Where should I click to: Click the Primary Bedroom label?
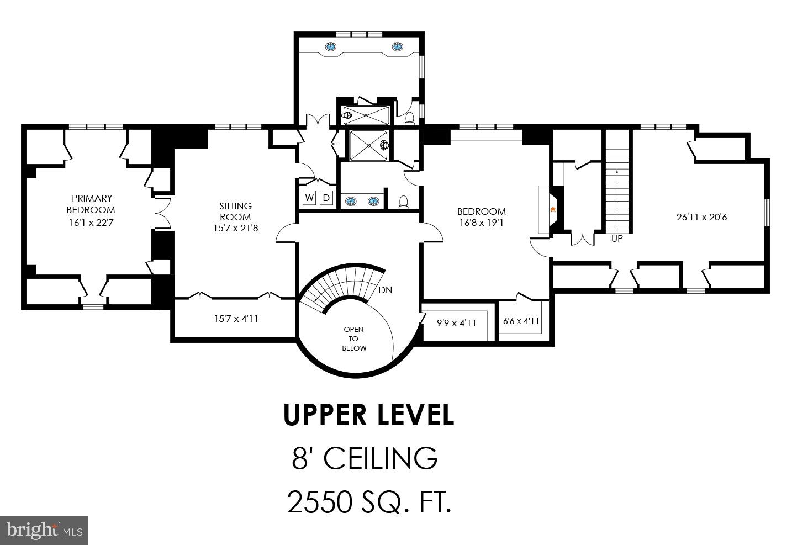coord(91,204)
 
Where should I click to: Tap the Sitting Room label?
coord(235,211)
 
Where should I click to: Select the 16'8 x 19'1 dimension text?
coord(482,223)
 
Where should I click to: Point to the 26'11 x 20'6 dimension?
coord(701,217)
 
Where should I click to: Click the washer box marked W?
coord(309,198)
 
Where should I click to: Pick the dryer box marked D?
coord(326,198)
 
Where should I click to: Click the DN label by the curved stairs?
coord(386,290)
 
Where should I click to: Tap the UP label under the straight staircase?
coord(617,239)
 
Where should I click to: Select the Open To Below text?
coord(354,338)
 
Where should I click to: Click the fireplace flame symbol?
coord(553,210)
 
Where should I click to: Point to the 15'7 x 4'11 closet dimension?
coord(236,319)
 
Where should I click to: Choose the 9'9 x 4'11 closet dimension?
coord(456,323)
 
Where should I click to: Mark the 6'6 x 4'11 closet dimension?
coord(521,321)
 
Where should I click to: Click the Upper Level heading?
coord(369,415)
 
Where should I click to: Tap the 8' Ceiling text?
coord(365,458)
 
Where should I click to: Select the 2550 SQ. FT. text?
coord(369,502)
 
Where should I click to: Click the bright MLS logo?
coord(44,531)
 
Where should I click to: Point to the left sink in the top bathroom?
coord(331,46)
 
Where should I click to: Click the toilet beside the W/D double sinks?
coord(403,202)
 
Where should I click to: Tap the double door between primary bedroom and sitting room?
coord(163,213)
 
